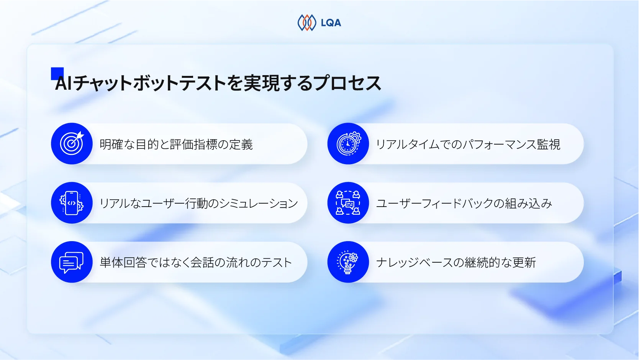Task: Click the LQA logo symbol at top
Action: pos(307,23)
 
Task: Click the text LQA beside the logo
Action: pos(331,23)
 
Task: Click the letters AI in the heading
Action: pos(64,84)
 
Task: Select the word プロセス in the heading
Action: pos(347,84)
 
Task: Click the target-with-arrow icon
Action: pos(72,144)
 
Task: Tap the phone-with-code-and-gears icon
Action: pos(72,203)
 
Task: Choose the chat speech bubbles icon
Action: pos(72,262)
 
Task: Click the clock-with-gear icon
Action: pos(348,144)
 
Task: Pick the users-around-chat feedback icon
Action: pos(348,203)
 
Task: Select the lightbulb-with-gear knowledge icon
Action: pos(348,262)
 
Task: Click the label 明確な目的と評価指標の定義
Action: pos(176,145)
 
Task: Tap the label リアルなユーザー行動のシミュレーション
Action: pos(198,203)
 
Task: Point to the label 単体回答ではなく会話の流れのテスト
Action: pos(196,263)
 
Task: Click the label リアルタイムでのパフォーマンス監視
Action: pos(468,145)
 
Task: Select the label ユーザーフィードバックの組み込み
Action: pos(464,203)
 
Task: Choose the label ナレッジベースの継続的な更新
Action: pos(456,263)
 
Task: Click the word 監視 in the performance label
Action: pos(549,145)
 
